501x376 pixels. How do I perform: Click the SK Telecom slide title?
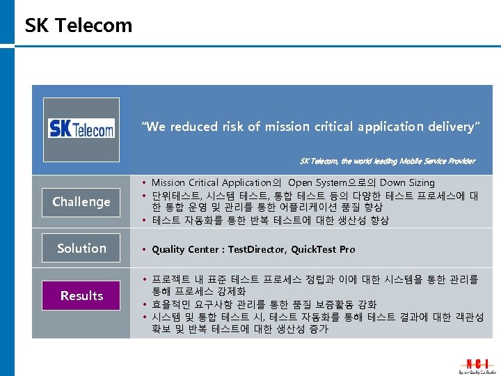(78, 26)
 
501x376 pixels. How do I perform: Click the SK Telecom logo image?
(81, 127)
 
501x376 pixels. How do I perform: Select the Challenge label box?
(81, 202)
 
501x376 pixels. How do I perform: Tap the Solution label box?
(81, 249)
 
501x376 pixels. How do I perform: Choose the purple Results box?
(81, 296)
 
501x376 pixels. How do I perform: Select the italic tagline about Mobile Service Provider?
(387, 161)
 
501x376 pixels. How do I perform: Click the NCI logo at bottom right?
(477, 366)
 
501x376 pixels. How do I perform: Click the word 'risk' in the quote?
(234, 127)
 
